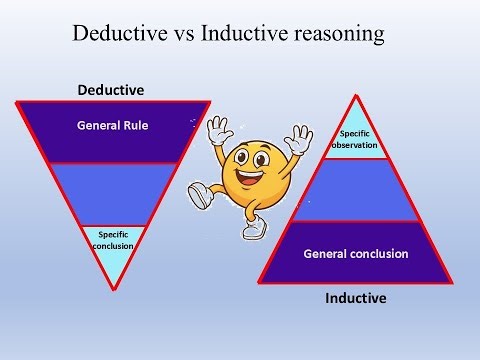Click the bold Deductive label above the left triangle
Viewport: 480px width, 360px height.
[110, 90]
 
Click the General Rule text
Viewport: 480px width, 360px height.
[110, 126]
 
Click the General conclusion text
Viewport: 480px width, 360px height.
[356, 254]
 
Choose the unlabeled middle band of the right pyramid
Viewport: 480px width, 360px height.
[357, 192]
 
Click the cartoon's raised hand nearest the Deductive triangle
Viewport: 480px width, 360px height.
[217, 131]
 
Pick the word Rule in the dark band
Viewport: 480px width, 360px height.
[134, 126]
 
